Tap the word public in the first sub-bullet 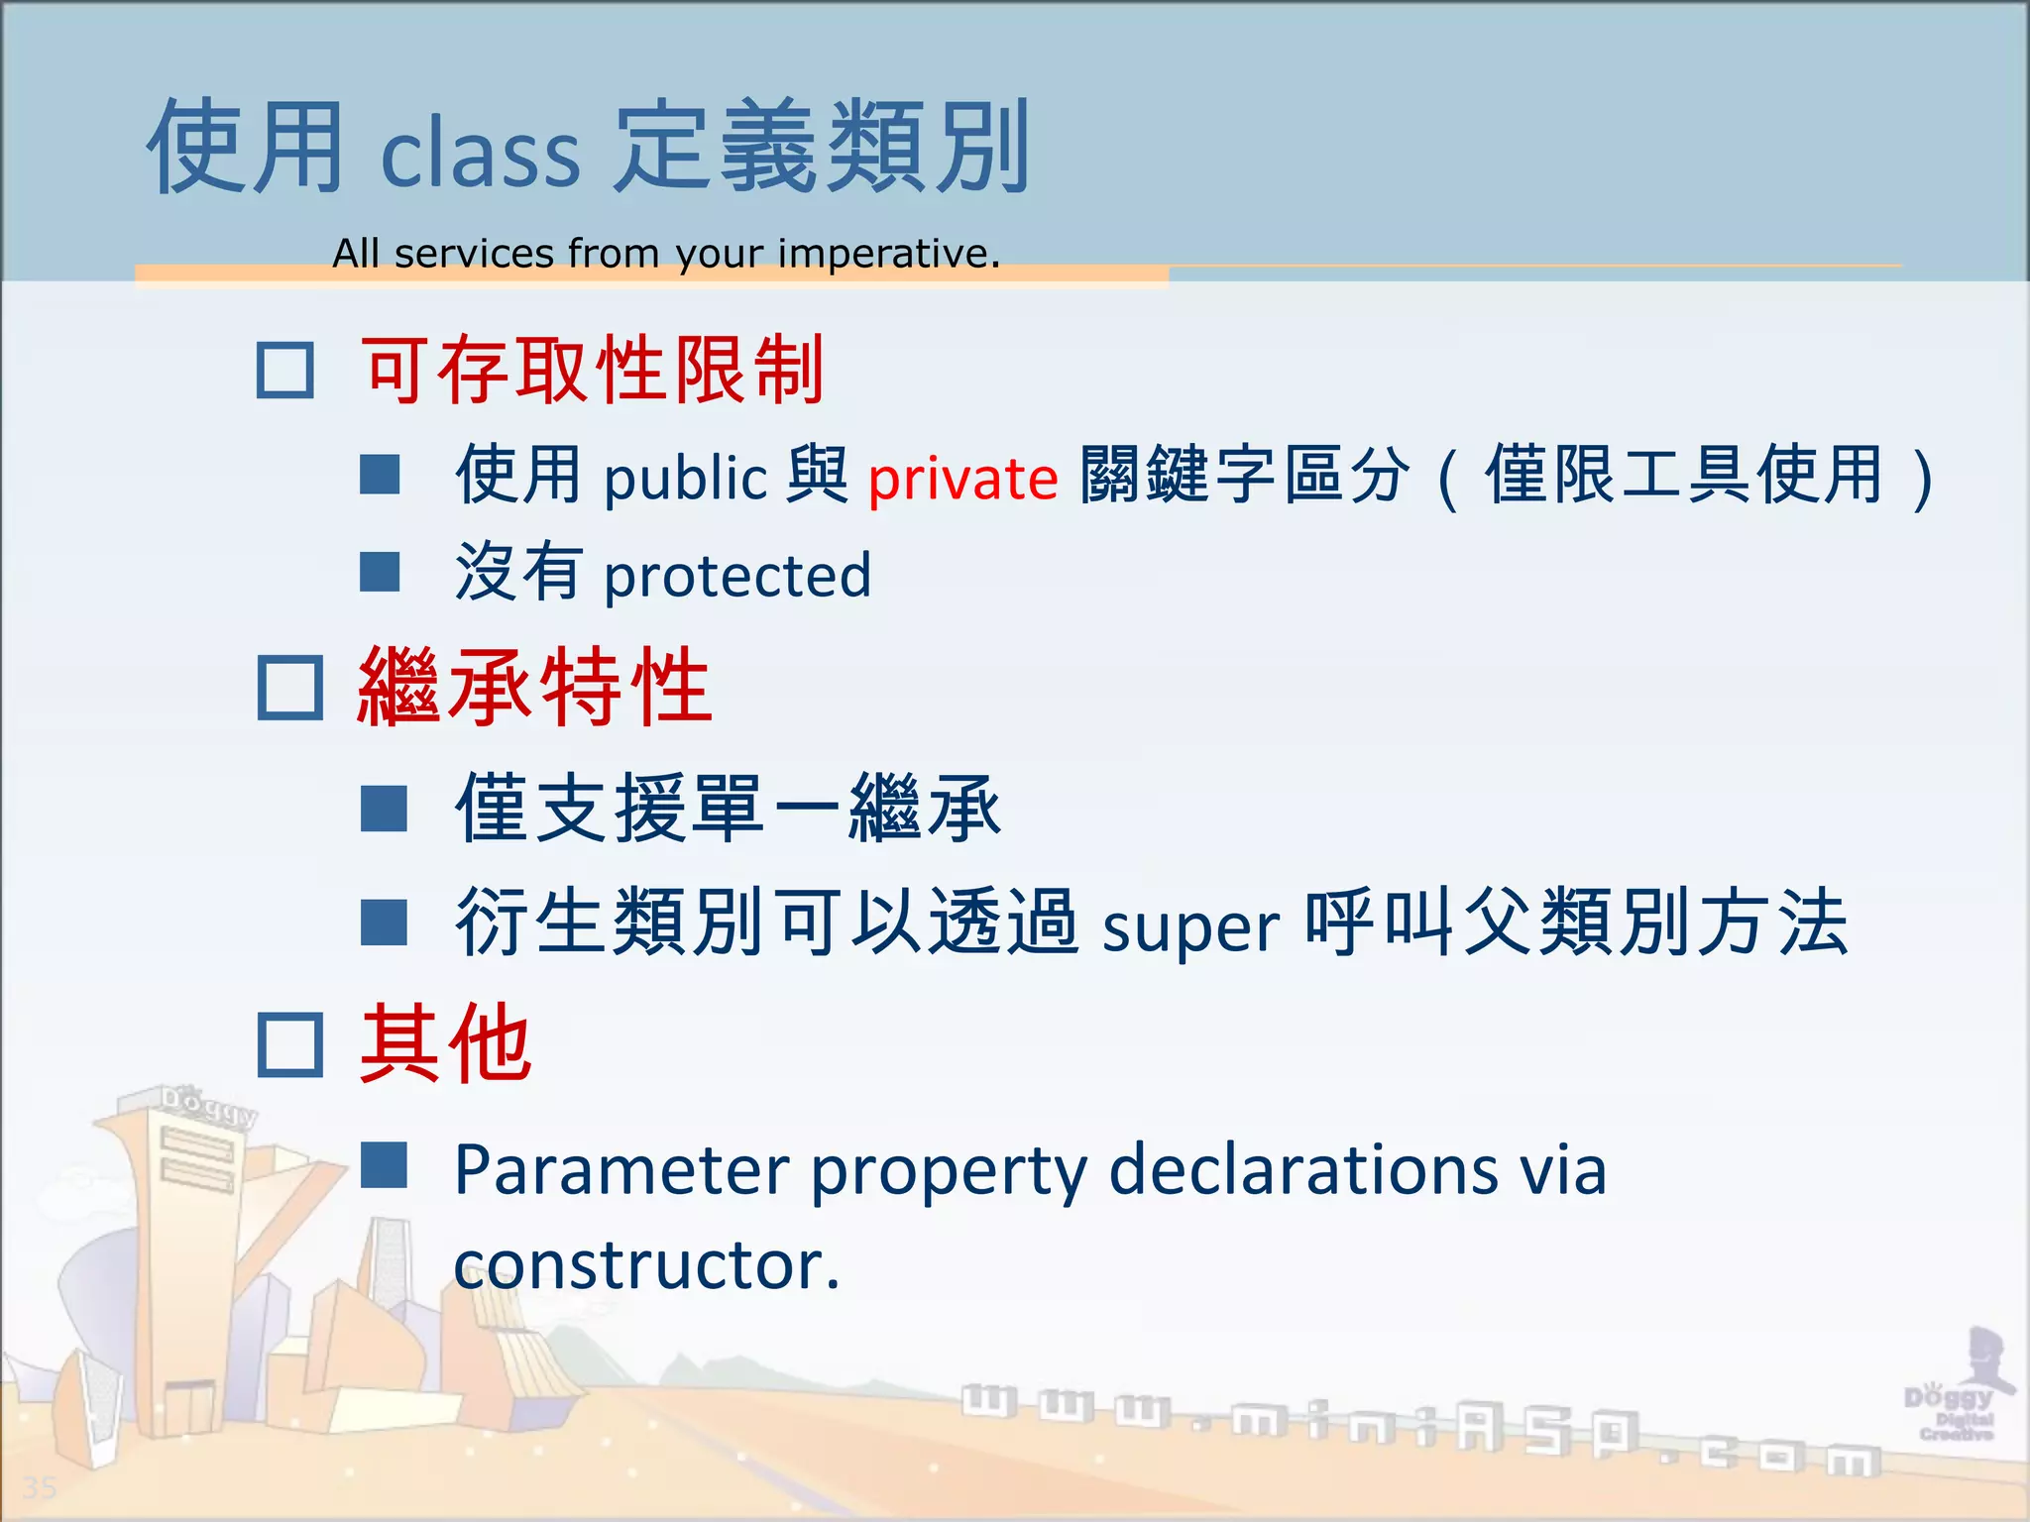pyautogui.click(x=686, y=479)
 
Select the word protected pyautogui.click(x=737, y=577)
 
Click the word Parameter pyautogui.click(x=621, y=1170)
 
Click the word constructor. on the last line pyautogui.click(x=646, y=1266)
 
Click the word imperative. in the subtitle pyautogui.click(x=889, y=254)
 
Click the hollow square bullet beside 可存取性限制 pyautogui.click(x=285, y=371)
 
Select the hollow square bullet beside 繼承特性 pyautogui.click(x=289, y=688)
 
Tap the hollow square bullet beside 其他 pyautogui.click(x=289, y=1044)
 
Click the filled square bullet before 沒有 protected pyautogui.click(x=380, y=572)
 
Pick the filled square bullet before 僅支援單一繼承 pyautogui.click(x=384, y=809)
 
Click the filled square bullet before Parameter pyautogui.click(x=384, y=1165)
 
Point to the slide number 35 pyautogui.click(x=40, y=1487)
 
